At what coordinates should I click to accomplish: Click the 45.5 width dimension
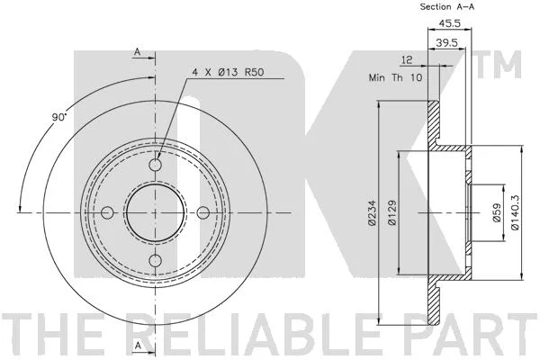[x=449, y=23]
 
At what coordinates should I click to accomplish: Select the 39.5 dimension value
[x=446, y=42]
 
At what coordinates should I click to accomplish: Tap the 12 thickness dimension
[x=407, y=60]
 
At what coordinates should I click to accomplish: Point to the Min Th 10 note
[x=395, y=77]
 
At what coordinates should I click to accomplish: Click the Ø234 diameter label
[x=372, y=213]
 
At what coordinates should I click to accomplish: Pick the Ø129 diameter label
[x=392, y=213]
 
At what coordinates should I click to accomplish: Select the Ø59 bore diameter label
[x=497, y=213]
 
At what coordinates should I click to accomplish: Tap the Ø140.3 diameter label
[x=515, y=212]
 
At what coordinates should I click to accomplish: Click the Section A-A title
[x=447, y=6]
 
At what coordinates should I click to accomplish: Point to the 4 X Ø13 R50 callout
[x=228, y=72]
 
